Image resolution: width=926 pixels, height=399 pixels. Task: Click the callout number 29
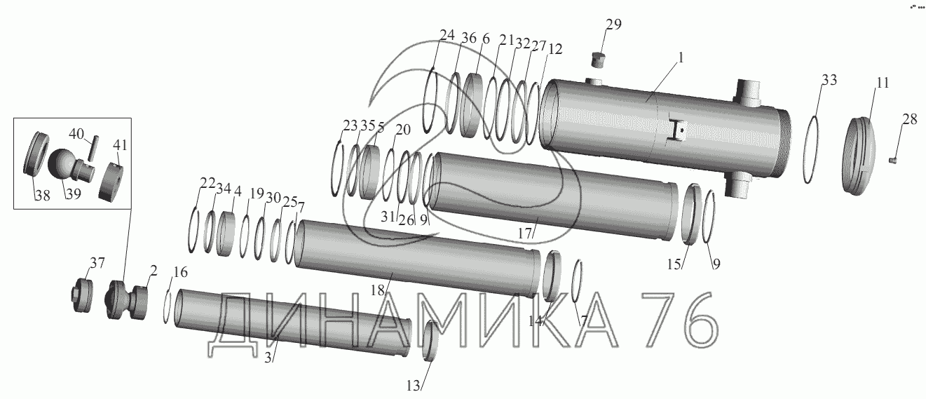[x=613, y=25]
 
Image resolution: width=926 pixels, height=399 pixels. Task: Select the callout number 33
[x=829, y=80]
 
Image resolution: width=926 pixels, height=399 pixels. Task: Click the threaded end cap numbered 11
[x=859, y=156]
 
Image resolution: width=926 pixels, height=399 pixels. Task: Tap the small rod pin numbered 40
[x=93, y=148]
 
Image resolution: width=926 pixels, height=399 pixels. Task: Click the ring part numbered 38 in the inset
[x=36, y=154]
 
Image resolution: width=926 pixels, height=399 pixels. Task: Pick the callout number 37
[x=97, y=262]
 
